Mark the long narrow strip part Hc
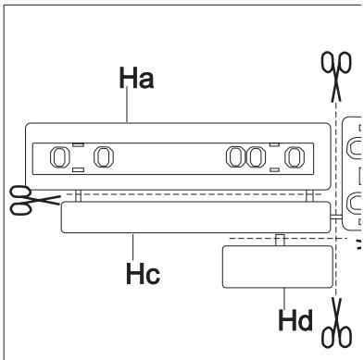click(x=195, y=219)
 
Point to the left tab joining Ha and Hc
click(x=80, y=197)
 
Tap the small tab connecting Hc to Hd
click(x=280, y=239)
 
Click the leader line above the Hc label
click(x=135, y=244)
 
